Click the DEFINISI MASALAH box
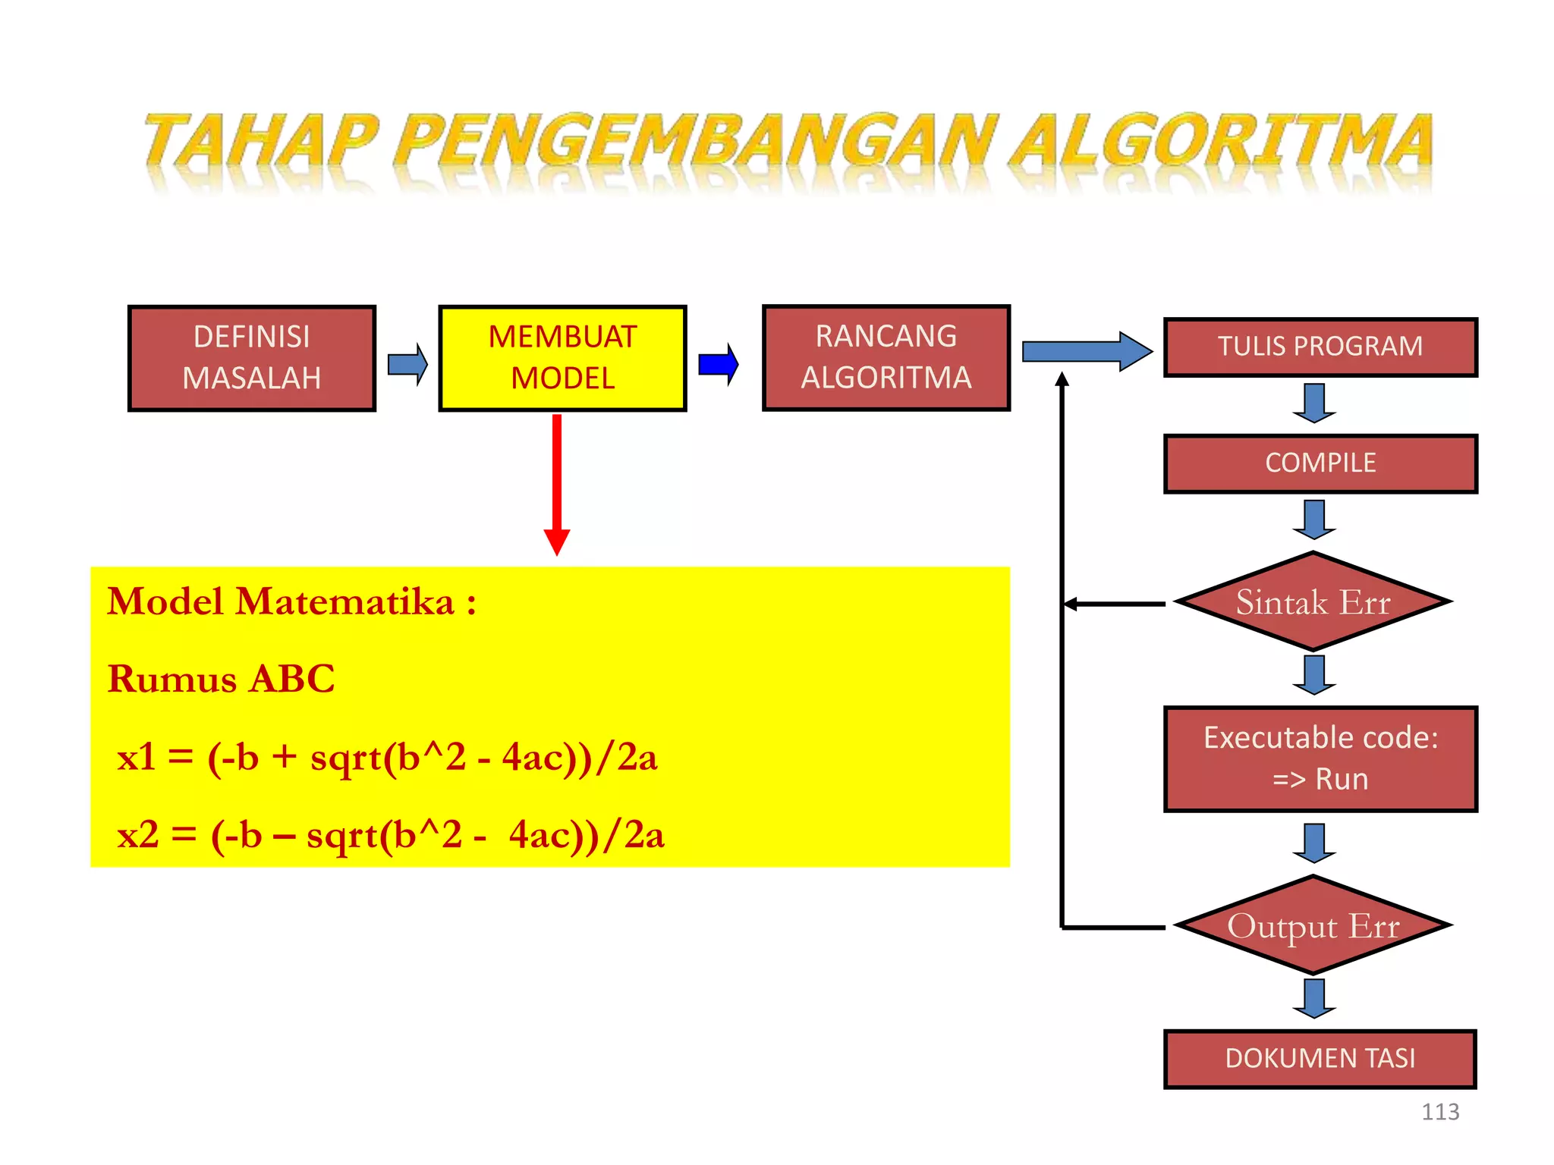coord(252,358)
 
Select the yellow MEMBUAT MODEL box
coord(562,358)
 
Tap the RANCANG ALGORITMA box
coord(886,358)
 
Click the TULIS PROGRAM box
coord(1320,347)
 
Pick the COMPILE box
coord(1320,463)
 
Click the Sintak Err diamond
coord(1313,602)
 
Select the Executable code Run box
coord(1320,759)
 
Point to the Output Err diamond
coord(1313,926)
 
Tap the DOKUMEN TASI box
coord(1320,1059)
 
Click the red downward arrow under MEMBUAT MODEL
coord(557,485)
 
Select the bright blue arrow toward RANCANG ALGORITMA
coord(719,365)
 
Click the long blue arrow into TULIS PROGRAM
coord(1085,352)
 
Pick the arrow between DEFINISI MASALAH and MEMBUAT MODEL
coord(407,365)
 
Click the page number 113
coord(1439,1112)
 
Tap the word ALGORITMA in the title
coord(1222,142)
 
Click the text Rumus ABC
coord(221,679)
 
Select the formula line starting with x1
coord(387,758)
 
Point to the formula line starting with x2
coord(390,836)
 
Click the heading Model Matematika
coord(291,602)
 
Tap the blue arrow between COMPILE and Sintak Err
coord(1314,520)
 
